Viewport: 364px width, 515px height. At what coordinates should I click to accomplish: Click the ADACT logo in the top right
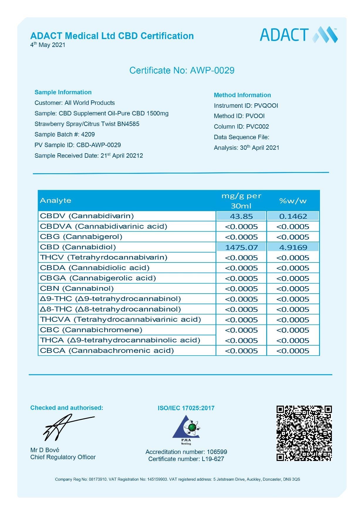pos(299,35)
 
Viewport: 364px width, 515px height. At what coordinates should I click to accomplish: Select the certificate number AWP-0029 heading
pos(182,70)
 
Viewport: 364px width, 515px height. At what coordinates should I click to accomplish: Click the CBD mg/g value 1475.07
pos(241,247)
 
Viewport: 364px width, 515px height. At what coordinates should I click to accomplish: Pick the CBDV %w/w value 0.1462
pos(293,216)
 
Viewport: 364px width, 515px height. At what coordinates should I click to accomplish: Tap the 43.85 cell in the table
pos(241,216)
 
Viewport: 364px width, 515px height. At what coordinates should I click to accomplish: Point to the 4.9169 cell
pos(293,247)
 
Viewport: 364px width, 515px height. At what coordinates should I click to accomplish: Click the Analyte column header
pos(56,201)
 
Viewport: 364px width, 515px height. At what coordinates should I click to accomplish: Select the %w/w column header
pos(293,201)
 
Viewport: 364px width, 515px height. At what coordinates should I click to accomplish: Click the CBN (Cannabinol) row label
pos(77,288)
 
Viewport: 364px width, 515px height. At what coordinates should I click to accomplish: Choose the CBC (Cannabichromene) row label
pos(91,330)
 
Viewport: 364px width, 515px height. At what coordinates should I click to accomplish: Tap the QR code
pos(304,433)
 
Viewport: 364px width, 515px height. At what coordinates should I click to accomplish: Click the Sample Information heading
pos(63,92)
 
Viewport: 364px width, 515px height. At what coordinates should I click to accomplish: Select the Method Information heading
pos(242,95)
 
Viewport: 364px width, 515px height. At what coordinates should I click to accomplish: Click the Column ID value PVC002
pos(257,127)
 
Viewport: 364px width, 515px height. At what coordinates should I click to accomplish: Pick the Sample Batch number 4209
pos(88,134)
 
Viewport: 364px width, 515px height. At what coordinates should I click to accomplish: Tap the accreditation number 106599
pos(217,452)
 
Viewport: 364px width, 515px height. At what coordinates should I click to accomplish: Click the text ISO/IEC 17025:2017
pos(186,408)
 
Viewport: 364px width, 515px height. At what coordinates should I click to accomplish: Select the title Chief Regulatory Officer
pos(63,457)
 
